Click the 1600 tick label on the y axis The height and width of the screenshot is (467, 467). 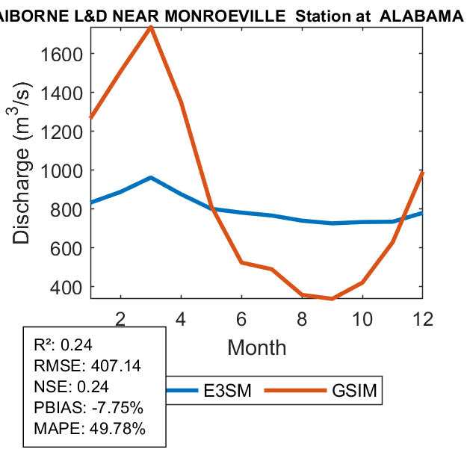(64, 54)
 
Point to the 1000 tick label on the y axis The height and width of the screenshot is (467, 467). (64, 170)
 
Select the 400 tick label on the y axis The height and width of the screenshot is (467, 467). (69, 287)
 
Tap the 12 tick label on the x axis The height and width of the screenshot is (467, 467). (423, 318)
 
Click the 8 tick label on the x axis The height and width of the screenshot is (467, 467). (302, 318)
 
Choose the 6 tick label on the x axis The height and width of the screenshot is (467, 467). (241, 318)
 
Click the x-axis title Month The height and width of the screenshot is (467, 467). (256, 347)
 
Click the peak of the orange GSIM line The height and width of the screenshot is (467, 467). (151, 27)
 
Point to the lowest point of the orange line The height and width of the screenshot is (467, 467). (332, 299)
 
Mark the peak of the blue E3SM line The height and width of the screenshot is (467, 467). (151, 178)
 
